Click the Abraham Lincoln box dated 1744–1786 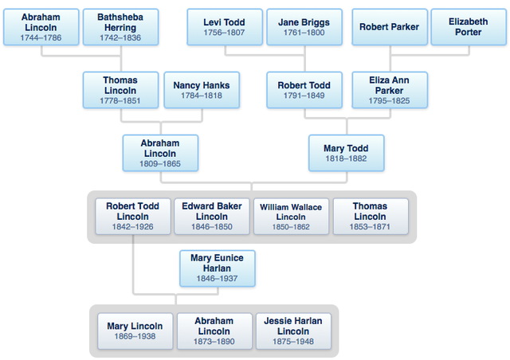coord(40,27)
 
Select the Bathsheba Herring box coord(120,27)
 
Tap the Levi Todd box coord(224,27)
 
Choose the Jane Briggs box coord(304,27)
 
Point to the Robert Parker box coord(390,27)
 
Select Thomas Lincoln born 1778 coord(120,90)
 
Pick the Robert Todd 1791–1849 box coord(304,90)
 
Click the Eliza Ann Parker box coord(390,90)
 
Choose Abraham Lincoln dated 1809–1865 coord(160,153)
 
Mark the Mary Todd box coord(346,153)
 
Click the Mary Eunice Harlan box coord(218,268)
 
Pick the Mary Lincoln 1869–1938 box coord(135,331)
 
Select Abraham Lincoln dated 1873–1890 coord(214,331)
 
